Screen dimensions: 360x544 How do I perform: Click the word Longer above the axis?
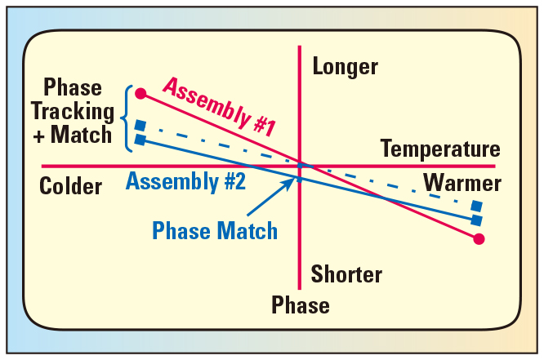346,67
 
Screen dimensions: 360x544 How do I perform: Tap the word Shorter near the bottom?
346,274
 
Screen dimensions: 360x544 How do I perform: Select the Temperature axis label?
439,149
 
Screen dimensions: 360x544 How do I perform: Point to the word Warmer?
462,183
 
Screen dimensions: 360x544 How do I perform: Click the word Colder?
70,187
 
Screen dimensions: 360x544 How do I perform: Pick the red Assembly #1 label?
219,105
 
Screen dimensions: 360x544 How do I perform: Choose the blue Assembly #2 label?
185,181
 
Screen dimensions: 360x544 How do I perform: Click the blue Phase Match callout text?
215,231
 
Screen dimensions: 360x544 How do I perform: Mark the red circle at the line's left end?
140,93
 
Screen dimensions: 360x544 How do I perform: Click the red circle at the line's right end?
479,239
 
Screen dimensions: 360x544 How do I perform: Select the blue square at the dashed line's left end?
140,126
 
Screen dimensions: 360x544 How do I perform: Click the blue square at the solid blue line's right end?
477,220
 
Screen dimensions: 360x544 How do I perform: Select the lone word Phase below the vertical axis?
301,306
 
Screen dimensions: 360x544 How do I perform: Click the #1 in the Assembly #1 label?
259,123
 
